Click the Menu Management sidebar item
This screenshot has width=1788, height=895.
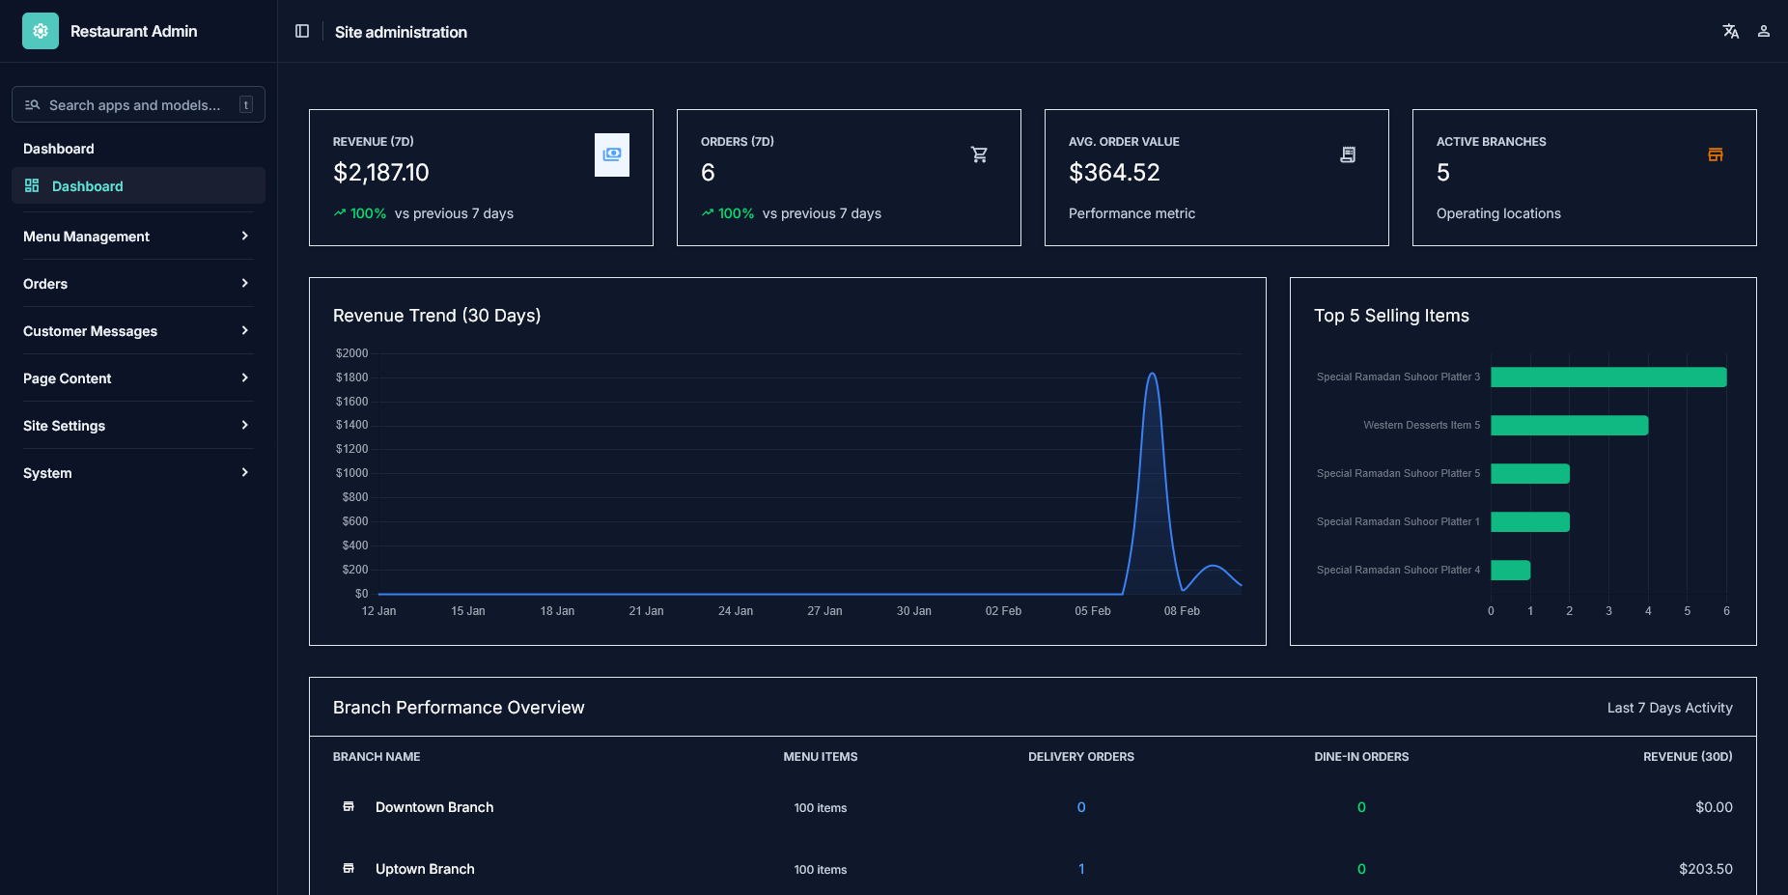pyautogui.click(x=87, y=237)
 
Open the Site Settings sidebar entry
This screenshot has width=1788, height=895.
pyautogui.click(x=65, y=426)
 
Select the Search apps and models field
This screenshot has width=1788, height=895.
pyautogui.click(x=135, y=105)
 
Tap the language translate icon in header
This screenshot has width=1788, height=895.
pyautogui.click(x=1731, y=32)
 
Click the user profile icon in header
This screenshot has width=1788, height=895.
pyautogui.click(x=1764, y=32)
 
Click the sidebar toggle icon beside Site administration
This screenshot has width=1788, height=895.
pyautogui.click(x=302, y=32)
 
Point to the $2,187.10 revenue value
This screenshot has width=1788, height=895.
pyautogui.click(x=381, y=173)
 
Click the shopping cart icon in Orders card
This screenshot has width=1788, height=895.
pyautogui.click(x=979, y=154)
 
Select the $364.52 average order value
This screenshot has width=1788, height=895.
pyautogui.click(x=1114, y=173)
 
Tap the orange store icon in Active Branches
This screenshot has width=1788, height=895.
pyautogui.click(x=1716, y=154)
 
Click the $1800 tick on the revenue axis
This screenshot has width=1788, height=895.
pyautogui.click(x=352, y=378)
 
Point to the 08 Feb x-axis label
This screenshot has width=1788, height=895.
pyautogui.click(x=1182, y=611)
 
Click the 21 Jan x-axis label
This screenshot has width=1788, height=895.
pyautogui.click(x=646, y=611)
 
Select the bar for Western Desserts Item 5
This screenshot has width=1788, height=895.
pyautogui.click(x=1569, y=426)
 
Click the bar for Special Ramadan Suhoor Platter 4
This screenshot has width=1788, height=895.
pyautogui.click(x=1510, y=571)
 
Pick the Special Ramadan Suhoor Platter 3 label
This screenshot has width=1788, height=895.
pyautogui.click(x=1398, y=378)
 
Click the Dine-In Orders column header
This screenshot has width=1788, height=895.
pyautogui.click(x=1361, y=757)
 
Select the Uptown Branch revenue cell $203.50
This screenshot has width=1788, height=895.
pyautogui.click(x=1705, y=869)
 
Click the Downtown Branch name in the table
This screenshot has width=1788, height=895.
pyautogui.click(x=434, y=807)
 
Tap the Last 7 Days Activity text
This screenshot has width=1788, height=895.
pyautogui.click(x=1669, y=708)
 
